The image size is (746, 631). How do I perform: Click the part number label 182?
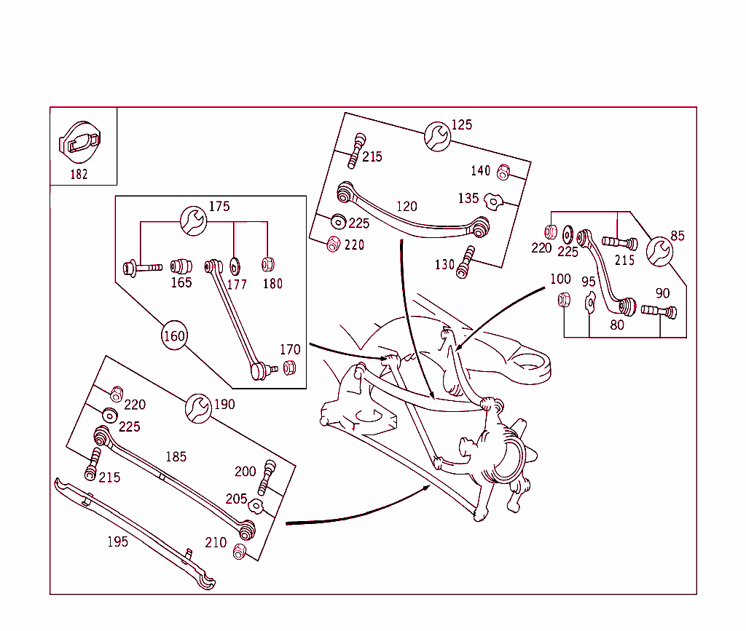coord(79,174)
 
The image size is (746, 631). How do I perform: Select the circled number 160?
coord(174,336)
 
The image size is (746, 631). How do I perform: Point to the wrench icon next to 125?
coord(438,135)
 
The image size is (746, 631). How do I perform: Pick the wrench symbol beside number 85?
coord(659,250)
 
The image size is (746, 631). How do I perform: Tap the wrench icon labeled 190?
coord(199,408)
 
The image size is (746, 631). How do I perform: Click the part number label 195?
coord(117,541)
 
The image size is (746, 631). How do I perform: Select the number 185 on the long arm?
coord(176,457)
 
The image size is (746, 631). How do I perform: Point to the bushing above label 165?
coord(180,266)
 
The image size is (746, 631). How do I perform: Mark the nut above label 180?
coord(268,265)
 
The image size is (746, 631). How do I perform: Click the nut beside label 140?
coord(502,172)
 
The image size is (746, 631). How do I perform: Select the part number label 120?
coord(407,207)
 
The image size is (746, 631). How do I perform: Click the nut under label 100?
coord(563,299)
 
